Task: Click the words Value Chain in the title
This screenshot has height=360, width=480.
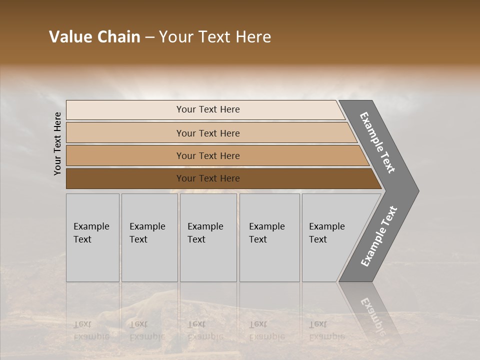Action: tap(94, 37)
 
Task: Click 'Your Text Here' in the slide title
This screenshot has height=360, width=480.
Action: tap(215, 37)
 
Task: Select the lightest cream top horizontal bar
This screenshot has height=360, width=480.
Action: tap(125, 110)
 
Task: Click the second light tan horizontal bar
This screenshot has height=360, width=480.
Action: tap(125, 133)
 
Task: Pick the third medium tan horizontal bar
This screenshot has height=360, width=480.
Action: tap(125, 155)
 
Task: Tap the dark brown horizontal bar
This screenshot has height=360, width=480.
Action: tap(125, 178)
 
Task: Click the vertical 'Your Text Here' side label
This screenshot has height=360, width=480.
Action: tap(57, 143)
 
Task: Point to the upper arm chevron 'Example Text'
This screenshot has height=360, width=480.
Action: tap(377, 143)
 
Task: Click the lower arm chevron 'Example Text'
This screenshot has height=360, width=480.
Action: tap(378, 236)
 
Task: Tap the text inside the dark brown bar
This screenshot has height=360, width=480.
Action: tap(208, 178)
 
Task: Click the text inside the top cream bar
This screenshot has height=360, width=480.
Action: tap(208, 109)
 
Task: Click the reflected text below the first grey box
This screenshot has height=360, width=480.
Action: tap(91, 330)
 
